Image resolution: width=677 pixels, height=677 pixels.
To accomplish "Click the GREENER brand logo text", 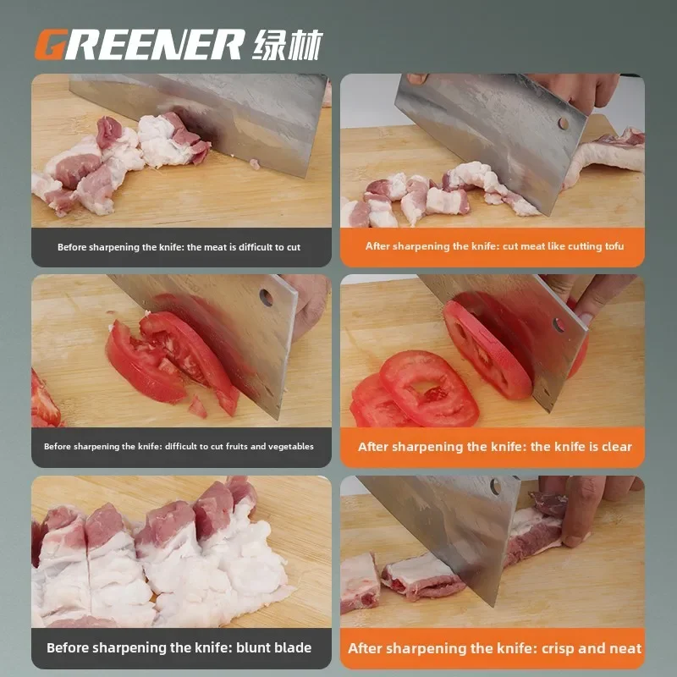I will [140, 44].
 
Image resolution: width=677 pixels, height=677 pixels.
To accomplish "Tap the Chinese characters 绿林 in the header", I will [287, 44].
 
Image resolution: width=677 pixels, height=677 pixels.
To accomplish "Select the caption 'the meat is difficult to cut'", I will [244, 248].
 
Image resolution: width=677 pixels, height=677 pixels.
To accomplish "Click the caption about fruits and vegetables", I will [179, 447].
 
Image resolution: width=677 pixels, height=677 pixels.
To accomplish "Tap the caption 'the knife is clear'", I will [581, 447].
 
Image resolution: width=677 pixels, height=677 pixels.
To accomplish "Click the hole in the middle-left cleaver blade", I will [266, 298].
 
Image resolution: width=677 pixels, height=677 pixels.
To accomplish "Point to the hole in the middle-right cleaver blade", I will [559, 324].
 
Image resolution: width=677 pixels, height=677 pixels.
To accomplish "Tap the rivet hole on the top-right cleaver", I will [562, 124].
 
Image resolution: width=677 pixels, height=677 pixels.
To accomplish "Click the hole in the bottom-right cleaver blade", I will [494, 487].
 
